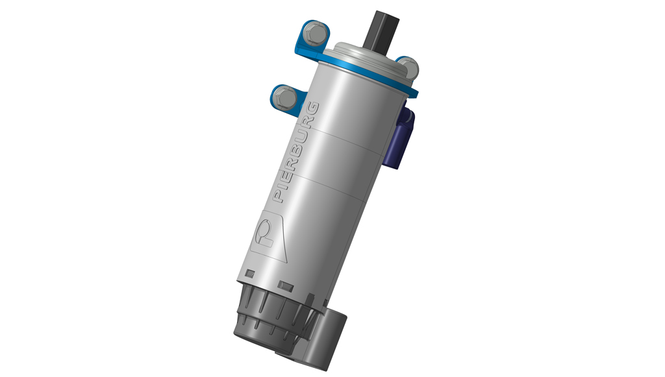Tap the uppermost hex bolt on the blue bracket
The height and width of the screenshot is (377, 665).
(315, 33)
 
